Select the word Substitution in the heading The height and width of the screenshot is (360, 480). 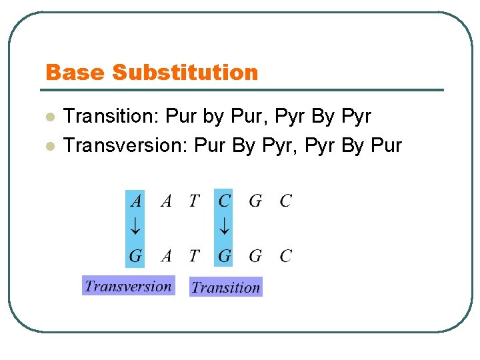185,72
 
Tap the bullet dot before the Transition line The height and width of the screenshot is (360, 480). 49,117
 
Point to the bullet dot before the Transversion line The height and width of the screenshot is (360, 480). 49,146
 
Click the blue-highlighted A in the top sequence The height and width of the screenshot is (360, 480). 135,200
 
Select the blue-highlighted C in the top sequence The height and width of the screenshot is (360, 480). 225,200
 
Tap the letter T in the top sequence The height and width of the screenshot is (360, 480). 194,200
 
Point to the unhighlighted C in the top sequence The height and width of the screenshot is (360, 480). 285,200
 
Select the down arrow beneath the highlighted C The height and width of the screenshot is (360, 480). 225,227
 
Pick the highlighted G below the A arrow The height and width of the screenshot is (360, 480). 135,255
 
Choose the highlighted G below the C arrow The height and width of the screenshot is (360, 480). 225,255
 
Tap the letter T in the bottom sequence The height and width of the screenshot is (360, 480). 194,255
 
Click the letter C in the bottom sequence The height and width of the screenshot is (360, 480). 285,255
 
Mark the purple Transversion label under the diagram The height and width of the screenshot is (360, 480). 128,286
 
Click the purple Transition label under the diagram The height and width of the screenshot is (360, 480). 225,287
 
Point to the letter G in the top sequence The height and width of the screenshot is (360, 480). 255,200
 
